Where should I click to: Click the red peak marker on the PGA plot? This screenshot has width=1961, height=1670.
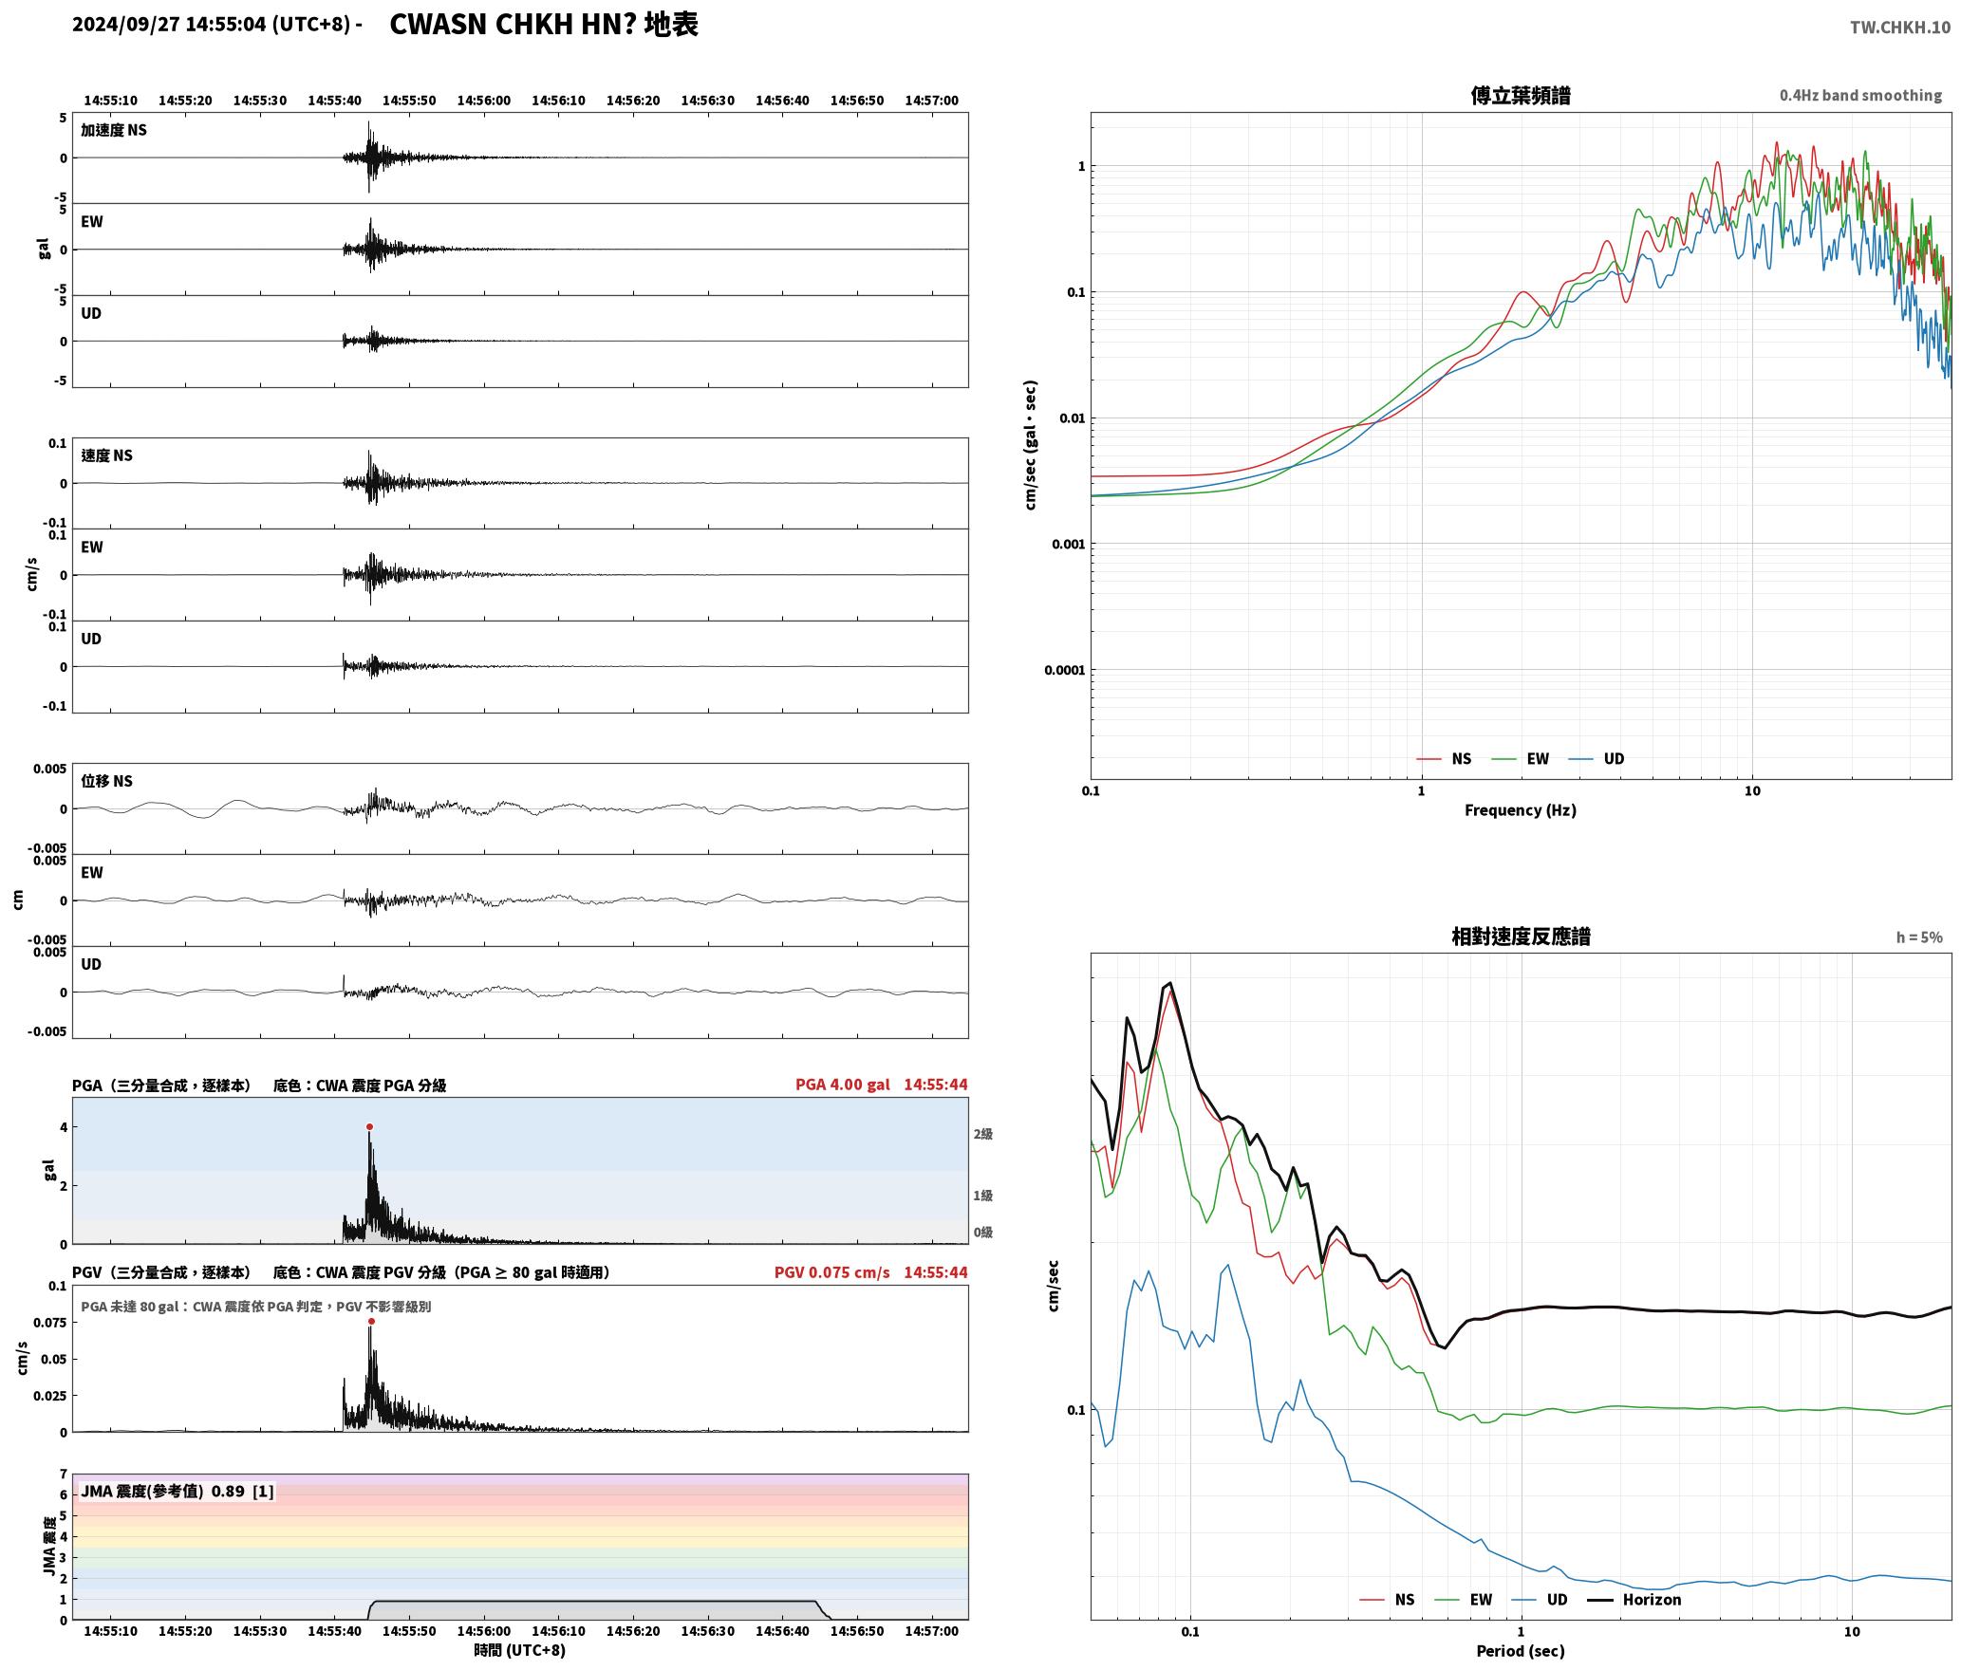click(369, 1127)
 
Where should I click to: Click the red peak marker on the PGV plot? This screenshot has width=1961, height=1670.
click(371, 1322)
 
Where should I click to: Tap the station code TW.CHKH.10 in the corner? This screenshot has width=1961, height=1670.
click(1900, 28)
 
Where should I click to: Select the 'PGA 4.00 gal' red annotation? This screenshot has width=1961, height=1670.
click(843, 1085)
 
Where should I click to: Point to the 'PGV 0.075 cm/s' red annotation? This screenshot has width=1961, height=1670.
click(832, 1272)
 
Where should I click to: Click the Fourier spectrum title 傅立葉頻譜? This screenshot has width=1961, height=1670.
click(1521, 96)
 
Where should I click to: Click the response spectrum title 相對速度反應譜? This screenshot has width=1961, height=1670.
click(1521, 937)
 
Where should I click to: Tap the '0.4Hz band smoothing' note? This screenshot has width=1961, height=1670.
click(1860, 96)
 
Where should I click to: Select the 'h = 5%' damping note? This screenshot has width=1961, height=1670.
click(1919, 937)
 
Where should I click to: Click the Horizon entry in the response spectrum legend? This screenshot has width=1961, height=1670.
click(1652, 1600)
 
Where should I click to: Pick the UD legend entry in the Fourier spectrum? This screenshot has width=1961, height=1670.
click(1614, 759)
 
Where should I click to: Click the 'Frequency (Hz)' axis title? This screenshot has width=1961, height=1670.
click(1521, 810)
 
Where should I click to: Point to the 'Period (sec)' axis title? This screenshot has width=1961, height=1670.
click(1521, 1652)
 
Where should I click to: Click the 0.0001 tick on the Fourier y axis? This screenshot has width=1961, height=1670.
click(1065, 671)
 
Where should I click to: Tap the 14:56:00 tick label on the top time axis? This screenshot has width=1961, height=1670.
click(484, 101)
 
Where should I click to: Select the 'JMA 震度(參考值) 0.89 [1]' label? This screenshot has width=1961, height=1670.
click(177, 1492)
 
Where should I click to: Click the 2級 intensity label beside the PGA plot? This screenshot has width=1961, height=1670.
click(982, 1135)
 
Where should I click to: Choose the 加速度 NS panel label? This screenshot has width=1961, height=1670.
click(114, 130)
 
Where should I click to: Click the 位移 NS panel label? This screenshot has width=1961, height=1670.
click(106, 781)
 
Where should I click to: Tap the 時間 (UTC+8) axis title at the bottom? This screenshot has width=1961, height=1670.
click(520, 1651)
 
